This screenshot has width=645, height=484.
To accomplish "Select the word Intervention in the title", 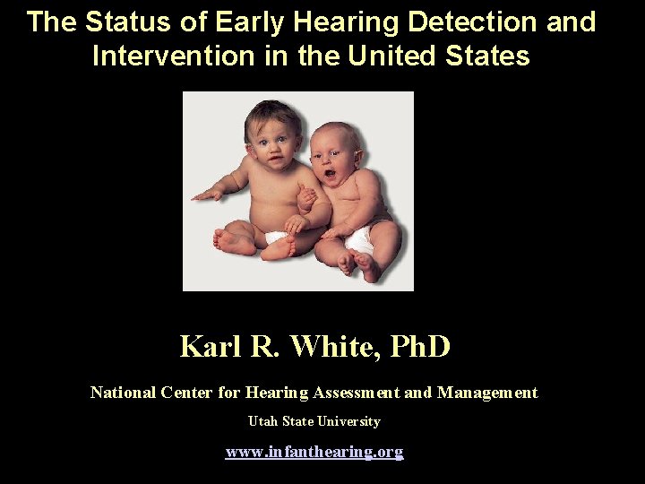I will (x=171, y=56).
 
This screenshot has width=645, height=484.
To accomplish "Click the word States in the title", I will (x=488, y=56).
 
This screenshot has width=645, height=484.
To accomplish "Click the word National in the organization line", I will (x=123, y=393).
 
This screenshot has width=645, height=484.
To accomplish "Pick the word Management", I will (x=487, y=393).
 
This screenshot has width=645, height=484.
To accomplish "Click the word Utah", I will (x=262, y=421).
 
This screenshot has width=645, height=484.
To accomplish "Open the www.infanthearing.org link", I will (x=314, y=452).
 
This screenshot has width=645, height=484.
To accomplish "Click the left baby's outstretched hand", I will (x=204, y=194).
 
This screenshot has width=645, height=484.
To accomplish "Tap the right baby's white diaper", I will (x=361, y=238).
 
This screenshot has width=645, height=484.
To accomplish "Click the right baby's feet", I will (x=357, y=262).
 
